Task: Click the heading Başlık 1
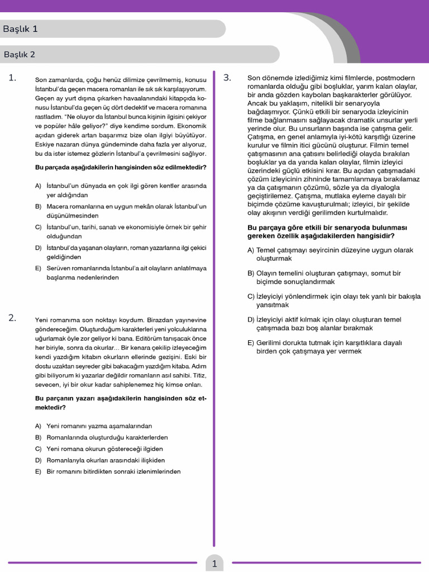coord(20,29)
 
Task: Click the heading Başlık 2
coord(20,55)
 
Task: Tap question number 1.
coord(12,78)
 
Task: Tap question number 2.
coord(12,318)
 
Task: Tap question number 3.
coord(227,78)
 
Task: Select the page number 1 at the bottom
coord(214,564)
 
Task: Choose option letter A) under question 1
coord(38,185)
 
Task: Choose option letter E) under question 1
coord(38,268)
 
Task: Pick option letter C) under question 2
coord(38,449)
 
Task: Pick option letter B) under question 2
coord(38,437)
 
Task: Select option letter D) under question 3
coord(251,320)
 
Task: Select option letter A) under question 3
coord(251,250)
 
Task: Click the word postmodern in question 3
coord(398,78)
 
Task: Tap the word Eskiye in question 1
coord(45,144)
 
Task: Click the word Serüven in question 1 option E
coord(59,268)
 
